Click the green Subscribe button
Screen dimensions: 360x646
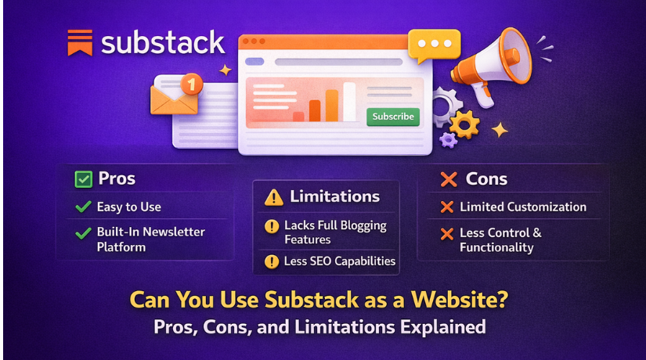click(392, 117)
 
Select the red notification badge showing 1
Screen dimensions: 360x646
click(191, 83)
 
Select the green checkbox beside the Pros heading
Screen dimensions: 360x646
click(83, 179)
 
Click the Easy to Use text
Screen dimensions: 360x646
click(128, 207)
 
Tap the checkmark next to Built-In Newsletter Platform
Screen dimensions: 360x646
click(83, 232)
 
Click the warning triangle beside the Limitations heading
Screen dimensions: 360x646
click(273, 197)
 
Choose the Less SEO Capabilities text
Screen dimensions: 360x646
click(340, 261)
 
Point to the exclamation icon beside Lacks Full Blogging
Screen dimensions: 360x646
click(272, 225)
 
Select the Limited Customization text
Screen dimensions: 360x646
click(523, 207)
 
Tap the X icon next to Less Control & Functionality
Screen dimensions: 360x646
click(447, 233)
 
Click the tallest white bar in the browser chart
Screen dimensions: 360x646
click(349, 102)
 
